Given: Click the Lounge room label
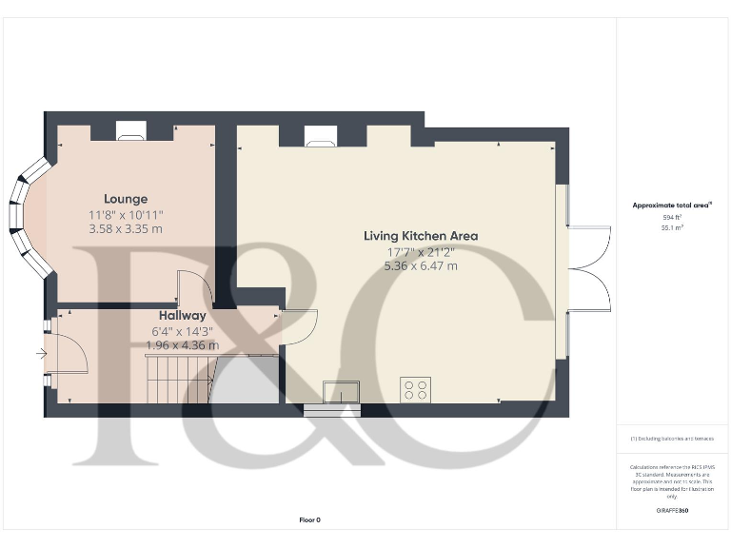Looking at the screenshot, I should coord(126,199).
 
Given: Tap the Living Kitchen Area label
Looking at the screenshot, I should coord(421,235).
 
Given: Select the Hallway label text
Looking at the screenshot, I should coord(182,315).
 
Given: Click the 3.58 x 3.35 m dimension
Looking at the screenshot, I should coord(126,229).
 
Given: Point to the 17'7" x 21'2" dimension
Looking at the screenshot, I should coord(421,251).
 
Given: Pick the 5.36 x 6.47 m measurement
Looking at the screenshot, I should coord(421,266).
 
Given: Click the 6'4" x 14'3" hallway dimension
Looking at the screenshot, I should coord(182,330).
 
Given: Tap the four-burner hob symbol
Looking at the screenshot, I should coord(415,390).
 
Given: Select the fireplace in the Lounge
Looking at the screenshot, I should coord(131,131).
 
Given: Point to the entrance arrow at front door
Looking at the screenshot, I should coord(41,354).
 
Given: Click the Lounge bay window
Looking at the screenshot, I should coord(27,216).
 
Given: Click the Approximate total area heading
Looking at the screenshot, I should coord(673,205).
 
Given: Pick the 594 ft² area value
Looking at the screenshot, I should coord(673,218).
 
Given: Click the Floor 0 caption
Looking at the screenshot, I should coord(309,519).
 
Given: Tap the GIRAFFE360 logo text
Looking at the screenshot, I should coord(673,511).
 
